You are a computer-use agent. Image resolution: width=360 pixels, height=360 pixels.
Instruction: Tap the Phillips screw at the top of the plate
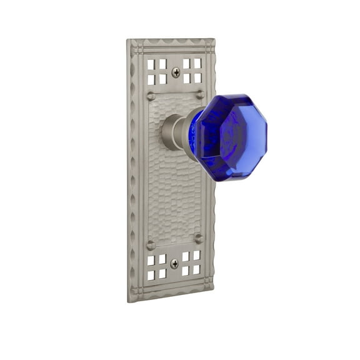(176, 72)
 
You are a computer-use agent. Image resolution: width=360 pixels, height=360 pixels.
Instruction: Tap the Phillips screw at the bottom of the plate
(174, 264)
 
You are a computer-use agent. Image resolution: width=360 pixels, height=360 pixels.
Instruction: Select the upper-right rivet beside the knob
(200, 94)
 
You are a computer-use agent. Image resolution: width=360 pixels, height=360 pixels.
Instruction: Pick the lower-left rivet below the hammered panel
(151, 246)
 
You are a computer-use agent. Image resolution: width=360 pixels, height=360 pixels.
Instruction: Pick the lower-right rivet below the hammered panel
(199, 238)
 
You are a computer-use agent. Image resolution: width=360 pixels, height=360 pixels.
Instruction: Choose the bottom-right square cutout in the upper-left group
(162, 79)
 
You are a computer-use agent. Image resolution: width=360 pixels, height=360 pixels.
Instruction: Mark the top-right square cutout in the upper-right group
(198, 62)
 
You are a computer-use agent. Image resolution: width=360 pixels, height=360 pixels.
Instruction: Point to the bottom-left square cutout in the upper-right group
(187, 78)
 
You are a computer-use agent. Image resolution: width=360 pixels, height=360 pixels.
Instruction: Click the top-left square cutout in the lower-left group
(151, 261)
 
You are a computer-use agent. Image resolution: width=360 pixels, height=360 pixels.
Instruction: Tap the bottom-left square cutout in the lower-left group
(151, 276)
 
